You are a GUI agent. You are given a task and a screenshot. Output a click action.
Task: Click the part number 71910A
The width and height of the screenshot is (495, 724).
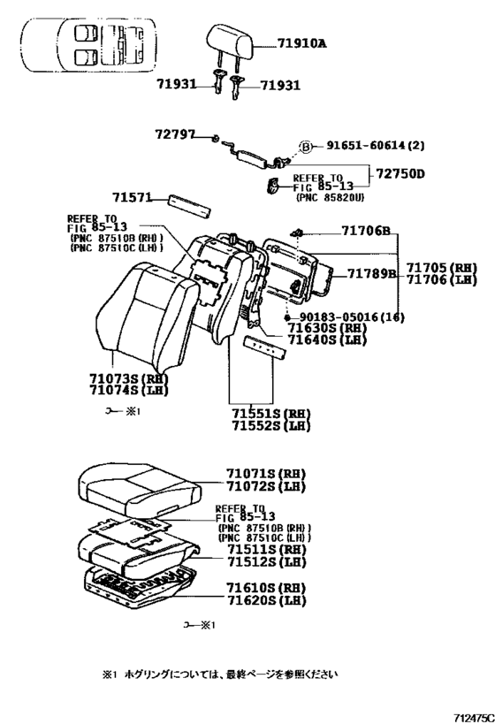click(288, 42)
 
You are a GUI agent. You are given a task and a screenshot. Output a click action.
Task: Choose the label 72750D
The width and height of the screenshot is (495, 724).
click(396, 173)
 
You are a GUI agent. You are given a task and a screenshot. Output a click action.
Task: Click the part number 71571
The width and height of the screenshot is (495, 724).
click(133, 198)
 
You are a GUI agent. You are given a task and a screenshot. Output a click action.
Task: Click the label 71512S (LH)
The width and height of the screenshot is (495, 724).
click(265, 561)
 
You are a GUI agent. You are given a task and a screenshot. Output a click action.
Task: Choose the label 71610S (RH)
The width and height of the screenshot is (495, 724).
click(265, 588)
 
